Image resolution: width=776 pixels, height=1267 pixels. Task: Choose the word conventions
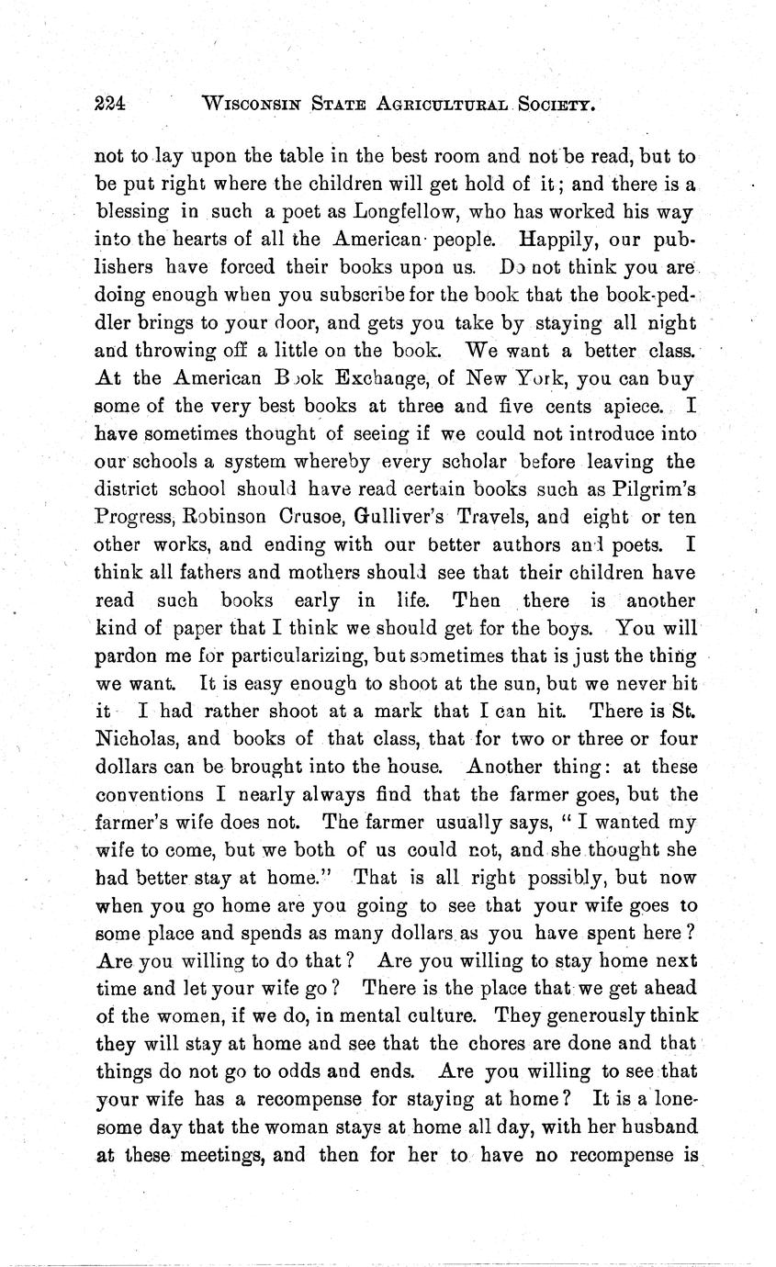point(150,794)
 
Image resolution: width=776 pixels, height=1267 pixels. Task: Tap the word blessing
point(134,212)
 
